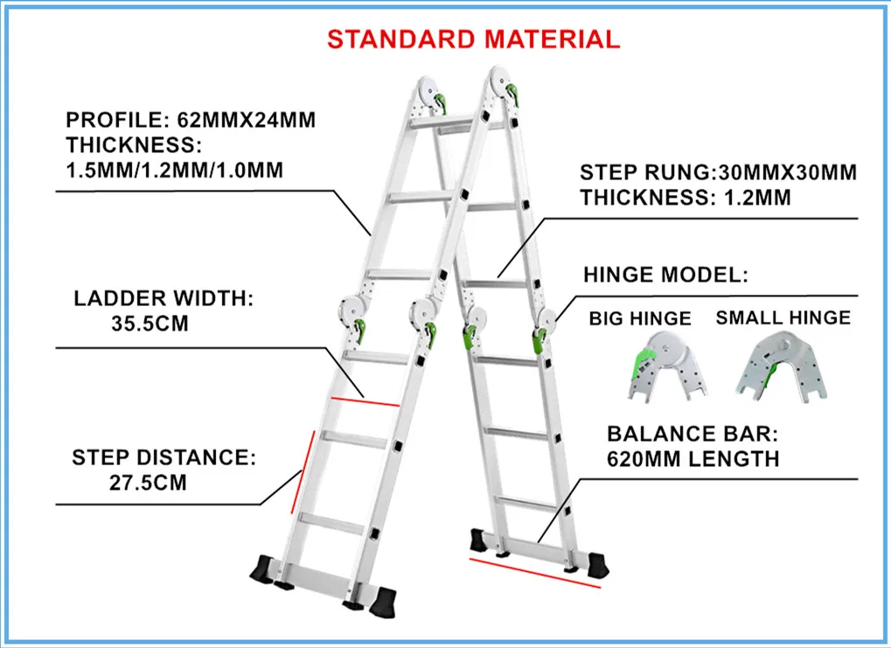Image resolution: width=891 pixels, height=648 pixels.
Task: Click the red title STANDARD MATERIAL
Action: [x=473, y=38]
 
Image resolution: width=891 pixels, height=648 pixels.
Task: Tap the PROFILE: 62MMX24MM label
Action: [x=191, y=121]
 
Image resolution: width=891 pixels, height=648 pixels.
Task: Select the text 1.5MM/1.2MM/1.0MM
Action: [x=174, y=170]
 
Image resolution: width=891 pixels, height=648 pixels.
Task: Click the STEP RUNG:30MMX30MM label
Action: [x=718, y=172]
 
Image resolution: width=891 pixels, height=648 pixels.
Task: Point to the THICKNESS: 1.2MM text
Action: [x=685, y=198]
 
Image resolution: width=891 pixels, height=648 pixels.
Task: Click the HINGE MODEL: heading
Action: [x=665, y=275]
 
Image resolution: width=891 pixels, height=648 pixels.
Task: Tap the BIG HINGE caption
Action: [x=639, y=318]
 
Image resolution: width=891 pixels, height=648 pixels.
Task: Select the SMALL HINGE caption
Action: [x=783, y=317]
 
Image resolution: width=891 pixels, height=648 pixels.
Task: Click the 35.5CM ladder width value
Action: [x=150, y=324]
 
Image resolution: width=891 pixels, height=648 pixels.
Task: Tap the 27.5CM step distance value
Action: [x=149, y=482]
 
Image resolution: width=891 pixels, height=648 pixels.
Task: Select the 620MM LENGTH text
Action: [x=693, y=458]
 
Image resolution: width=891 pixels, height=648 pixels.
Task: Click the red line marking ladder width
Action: [x=365, y=402]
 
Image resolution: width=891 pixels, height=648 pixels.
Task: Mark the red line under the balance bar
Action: [x=535, y=573]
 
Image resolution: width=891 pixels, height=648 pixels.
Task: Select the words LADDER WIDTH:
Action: [x=163, y=299]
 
